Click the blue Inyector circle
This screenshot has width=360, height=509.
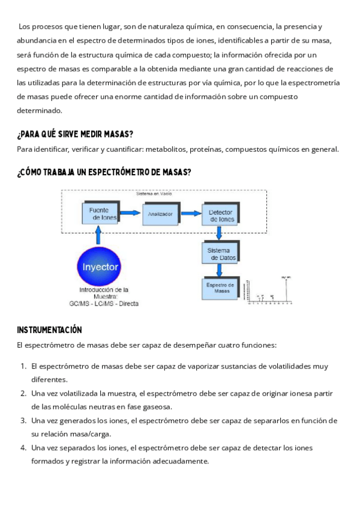click(101, 266)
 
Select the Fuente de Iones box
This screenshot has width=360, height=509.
click(100, 213)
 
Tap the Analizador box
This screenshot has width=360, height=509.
click(161, 213)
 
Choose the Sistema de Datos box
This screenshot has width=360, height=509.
click(221, 253)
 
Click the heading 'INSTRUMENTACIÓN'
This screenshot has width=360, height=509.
click(49, 330)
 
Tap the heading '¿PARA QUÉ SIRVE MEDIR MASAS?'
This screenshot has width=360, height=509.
click(75, 133)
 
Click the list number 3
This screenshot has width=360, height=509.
click(23, 420)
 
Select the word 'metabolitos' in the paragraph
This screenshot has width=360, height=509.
click(158, 149)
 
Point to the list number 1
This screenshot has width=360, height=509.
click(23, 366)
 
